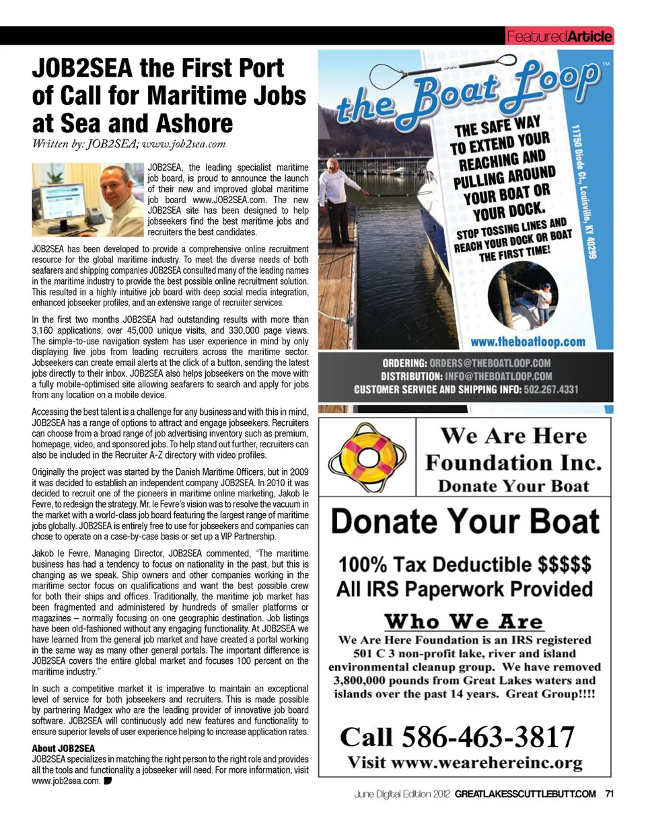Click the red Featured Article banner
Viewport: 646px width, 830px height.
click(559, 36)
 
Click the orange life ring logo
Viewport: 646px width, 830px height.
click(368, 457)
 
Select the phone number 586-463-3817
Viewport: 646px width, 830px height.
click(488, 737)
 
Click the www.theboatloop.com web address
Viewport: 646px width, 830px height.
click(528, 342)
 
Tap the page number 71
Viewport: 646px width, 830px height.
click(610, 794)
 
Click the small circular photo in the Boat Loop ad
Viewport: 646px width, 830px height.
click(532, 295)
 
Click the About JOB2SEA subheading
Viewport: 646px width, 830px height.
click(63, 748)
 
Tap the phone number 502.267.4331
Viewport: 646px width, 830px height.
click(551, 389)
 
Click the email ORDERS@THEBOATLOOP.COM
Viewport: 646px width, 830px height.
click(490, 363)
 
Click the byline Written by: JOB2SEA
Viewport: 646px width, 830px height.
click(129, 143)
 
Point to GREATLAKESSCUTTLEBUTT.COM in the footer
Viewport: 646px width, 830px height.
click(525, 794)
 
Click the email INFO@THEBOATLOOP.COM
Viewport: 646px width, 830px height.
click(498, 376)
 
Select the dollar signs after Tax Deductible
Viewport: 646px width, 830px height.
click(565, 564)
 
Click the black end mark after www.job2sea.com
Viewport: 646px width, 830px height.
click(108, 781)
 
